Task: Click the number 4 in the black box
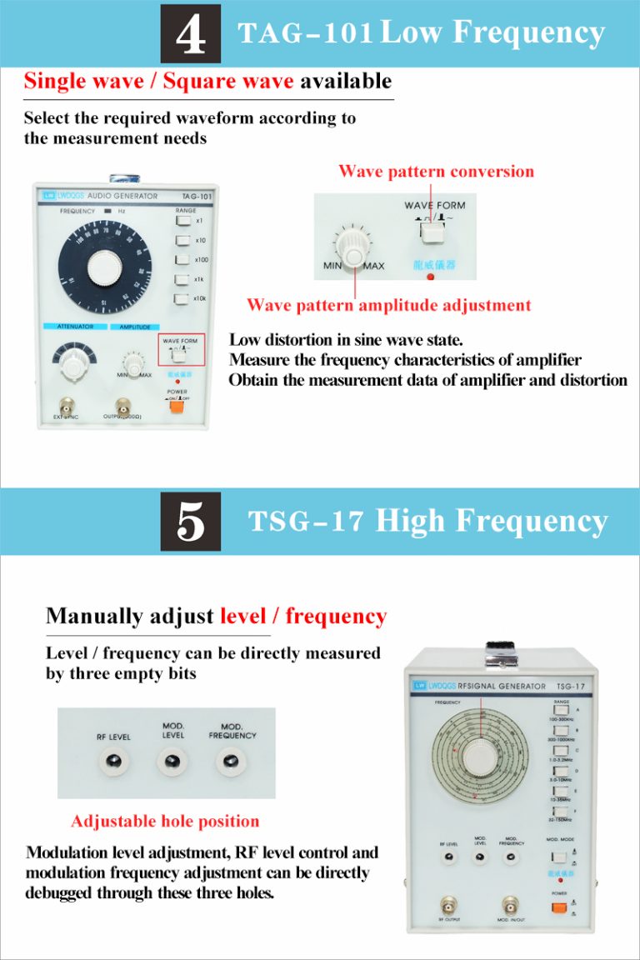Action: tap(191, 34)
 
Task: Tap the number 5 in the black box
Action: tap(191, 522)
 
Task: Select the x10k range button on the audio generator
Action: tap(182, 298)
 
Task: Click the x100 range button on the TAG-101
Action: tap(182, 260)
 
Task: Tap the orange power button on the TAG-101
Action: tap(176, 407)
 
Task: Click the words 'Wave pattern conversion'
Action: tap(436, 172)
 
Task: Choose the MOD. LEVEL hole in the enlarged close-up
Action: tap(172, 761)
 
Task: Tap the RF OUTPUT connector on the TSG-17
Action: tap(449, 904)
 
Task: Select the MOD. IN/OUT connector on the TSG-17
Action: tap(510, 904)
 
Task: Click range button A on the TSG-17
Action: tap(560, 710)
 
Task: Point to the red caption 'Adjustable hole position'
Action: tap(165, 822)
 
